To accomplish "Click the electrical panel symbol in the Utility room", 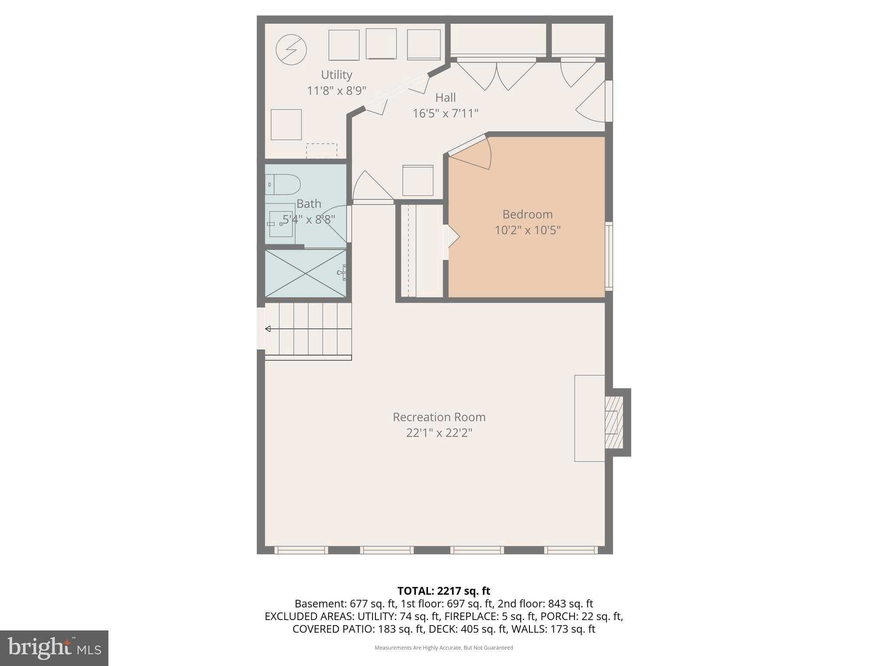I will coord(291,50).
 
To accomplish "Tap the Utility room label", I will coord(336,75).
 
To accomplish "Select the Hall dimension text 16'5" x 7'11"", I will coord(445,114).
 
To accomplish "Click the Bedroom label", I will coord(527,214).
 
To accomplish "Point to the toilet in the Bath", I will coord(283,184).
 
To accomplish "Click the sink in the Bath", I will coord(280,224).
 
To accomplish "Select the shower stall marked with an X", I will coord(305,273).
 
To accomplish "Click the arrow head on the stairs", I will coord(268,329).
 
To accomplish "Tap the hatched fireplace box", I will coord(614,422).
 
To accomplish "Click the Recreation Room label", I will coord(439,417).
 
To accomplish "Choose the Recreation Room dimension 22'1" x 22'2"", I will coord(439,433).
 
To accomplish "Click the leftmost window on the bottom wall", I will coord(301,550).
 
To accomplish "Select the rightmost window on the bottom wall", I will coord(571,550).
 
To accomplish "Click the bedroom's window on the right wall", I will coord(609,256).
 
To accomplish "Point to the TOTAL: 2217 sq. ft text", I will coord(444,591).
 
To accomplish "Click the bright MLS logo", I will coord(54,648).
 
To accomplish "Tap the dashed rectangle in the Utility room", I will coord(321,151).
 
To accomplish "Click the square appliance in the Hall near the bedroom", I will coord(418,180).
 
